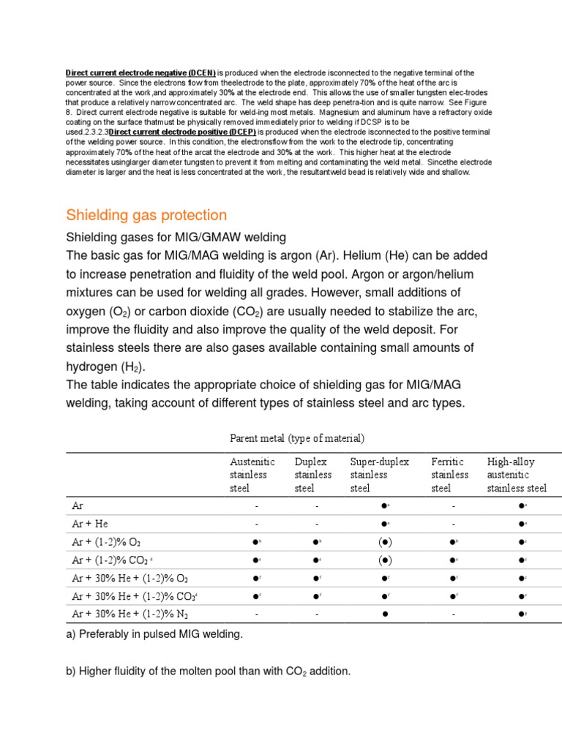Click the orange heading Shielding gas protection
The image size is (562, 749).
point(146,215)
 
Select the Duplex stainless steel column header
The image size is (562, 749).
point(313,475)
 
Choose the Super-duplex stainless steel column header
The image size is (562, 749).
point(379,475)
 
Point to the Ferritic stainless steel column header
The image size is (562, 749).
point(450,475)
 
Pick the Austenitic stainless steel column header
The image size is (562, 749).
point(252,475)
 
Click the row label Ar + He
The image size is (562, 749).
point(90,524)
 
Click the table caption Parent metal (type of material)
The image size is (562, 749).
point(296,438)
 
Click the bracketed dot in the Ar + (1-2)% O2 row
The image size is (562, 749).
point(385,542)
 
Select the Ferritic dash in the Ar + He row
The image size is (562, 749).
point(454,524)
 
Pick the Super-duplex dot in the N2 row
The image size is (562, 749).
point(385,615)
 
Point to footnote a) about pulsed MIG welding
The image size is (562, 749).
point(154,634)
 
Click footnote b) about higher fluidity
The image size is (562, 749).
point(209,670)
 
